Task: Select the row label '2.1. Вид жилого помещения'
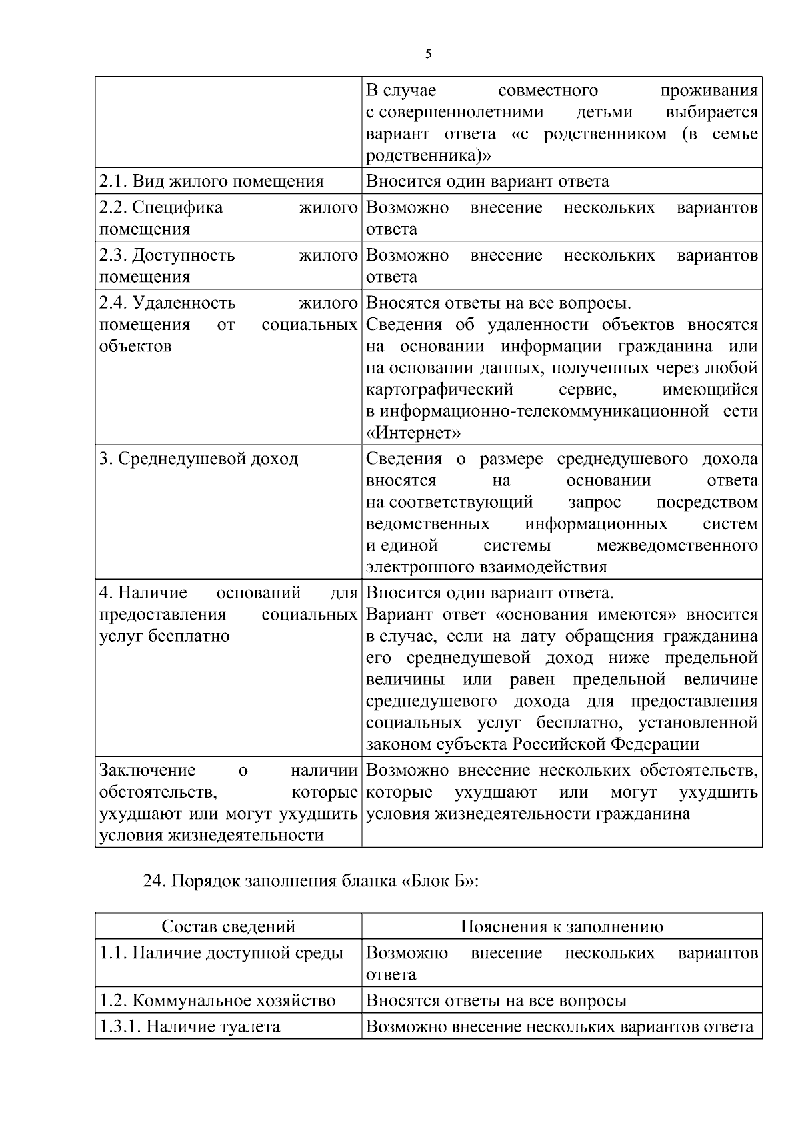click(x=211, y=181)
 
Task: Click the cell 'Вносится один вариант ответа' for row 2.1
click(x=487, y=181)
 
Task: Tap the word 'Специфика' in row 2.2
click(x=177, y=207)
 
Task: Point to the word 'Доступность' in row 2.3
click(x=183, y=255)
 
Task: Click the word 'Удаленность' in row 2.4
click(x=184, y=303)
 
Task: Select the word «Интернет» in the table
click(x=413, y=433)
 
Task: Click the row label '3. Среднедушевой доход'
click(x=199, y=459)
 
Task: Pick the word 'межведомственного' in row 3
click(x=677, y=545)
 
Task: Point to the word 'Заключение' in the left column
click(x=147, y=771)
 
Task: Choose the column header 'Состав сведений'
click(x=229, y=926)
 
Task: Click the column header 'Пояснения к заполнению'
click(x=561, y=926)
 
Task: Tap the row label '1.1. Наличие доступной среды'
click(x=221, y=953)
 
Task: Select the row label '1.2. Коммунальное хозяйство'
click(x=217, y=1001)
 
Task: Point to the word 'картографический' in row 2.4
click(x=440, y=389)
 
